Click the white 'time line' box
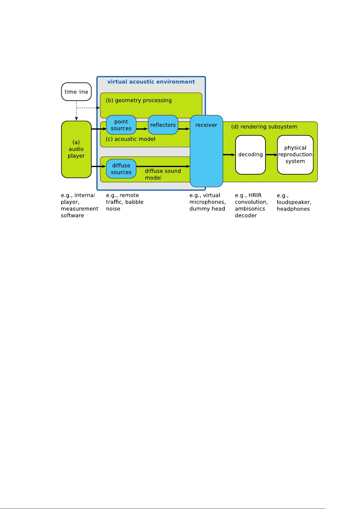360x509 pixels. coord(76,92)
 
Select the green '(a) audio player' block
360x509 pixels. coord(76,149)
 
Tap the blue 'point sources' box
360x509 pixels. coord(121,125)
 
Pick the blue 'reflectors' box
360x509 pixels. coord(163,125)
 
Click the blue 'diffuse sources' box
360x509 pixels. coord(121,169)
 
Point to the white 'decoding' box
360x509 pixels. coord(250,155)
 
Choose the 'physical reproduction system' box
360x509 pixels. coord(295,155)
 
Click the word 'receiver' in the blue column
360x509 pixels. coord(206,125)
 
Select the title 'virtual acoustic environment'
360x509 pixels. coord(151,82)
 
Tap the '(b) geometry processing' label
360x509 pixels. coord(139,100)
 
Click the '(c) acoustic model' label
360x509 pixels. coord(130,139)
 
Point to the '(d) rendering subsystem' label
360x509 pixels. coord(264,127)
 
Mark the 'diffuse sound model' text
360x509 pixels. coord(162,174)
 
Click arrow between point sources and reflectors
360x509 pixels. coord(142,129)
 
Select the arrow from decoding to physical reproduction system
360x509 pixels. coord(271,155)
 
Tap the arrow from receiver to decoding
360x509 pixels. coord(229,155)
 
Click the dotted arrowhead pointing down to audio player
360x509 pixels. coord(76,119)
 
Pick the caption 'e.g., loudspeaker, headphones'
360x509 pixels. coord(294,202)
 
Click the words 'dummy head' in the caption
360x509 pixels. coord(207,209)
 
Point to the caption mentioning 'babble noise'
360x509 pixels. coord(124,202)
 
